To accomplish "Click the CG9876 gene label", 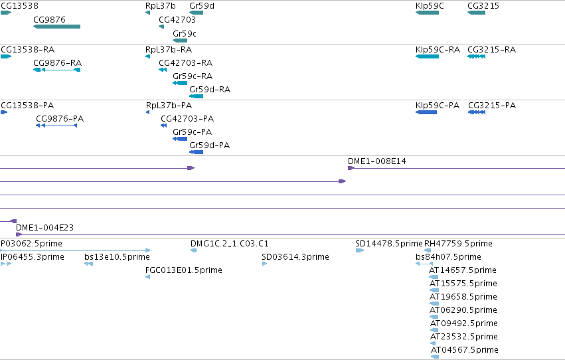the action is [49, 19].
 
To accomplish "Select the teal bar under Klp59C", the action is [427, 13].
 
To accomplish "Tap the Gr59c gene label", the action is [185, 33].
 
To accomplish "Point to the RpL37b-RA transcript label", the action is [169, 49].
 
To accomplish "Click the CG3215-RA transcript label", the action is [491, 49].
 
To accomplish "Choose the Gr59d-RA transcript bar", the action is [196, 96].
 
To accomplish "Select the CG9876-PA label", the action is [60, 118].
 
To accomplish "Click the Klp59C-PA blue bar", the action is [426, 112].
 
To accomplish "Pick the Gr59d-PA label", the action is [209, 145].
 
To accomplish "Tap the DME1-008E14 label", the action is [377, 161].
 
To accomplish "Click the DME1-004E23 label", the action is [44, 227].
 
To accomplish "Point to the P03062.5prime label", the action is [31, 244].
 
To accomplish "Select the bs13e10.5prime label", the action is [117, 257].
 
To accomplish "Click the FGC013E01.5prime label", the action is [184, 270].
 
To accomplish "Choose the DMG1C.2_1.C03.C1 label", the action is [230, 244].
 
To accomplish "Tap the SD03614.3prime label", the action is [295, 257].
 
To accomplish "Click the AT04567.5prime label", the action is [465, 350].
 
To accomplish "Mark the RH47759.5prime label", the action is [458, 244].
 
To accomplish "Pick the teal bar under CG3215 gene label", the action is [476, 13].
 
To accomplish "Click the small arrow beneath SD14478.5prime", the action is [360, 250].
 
